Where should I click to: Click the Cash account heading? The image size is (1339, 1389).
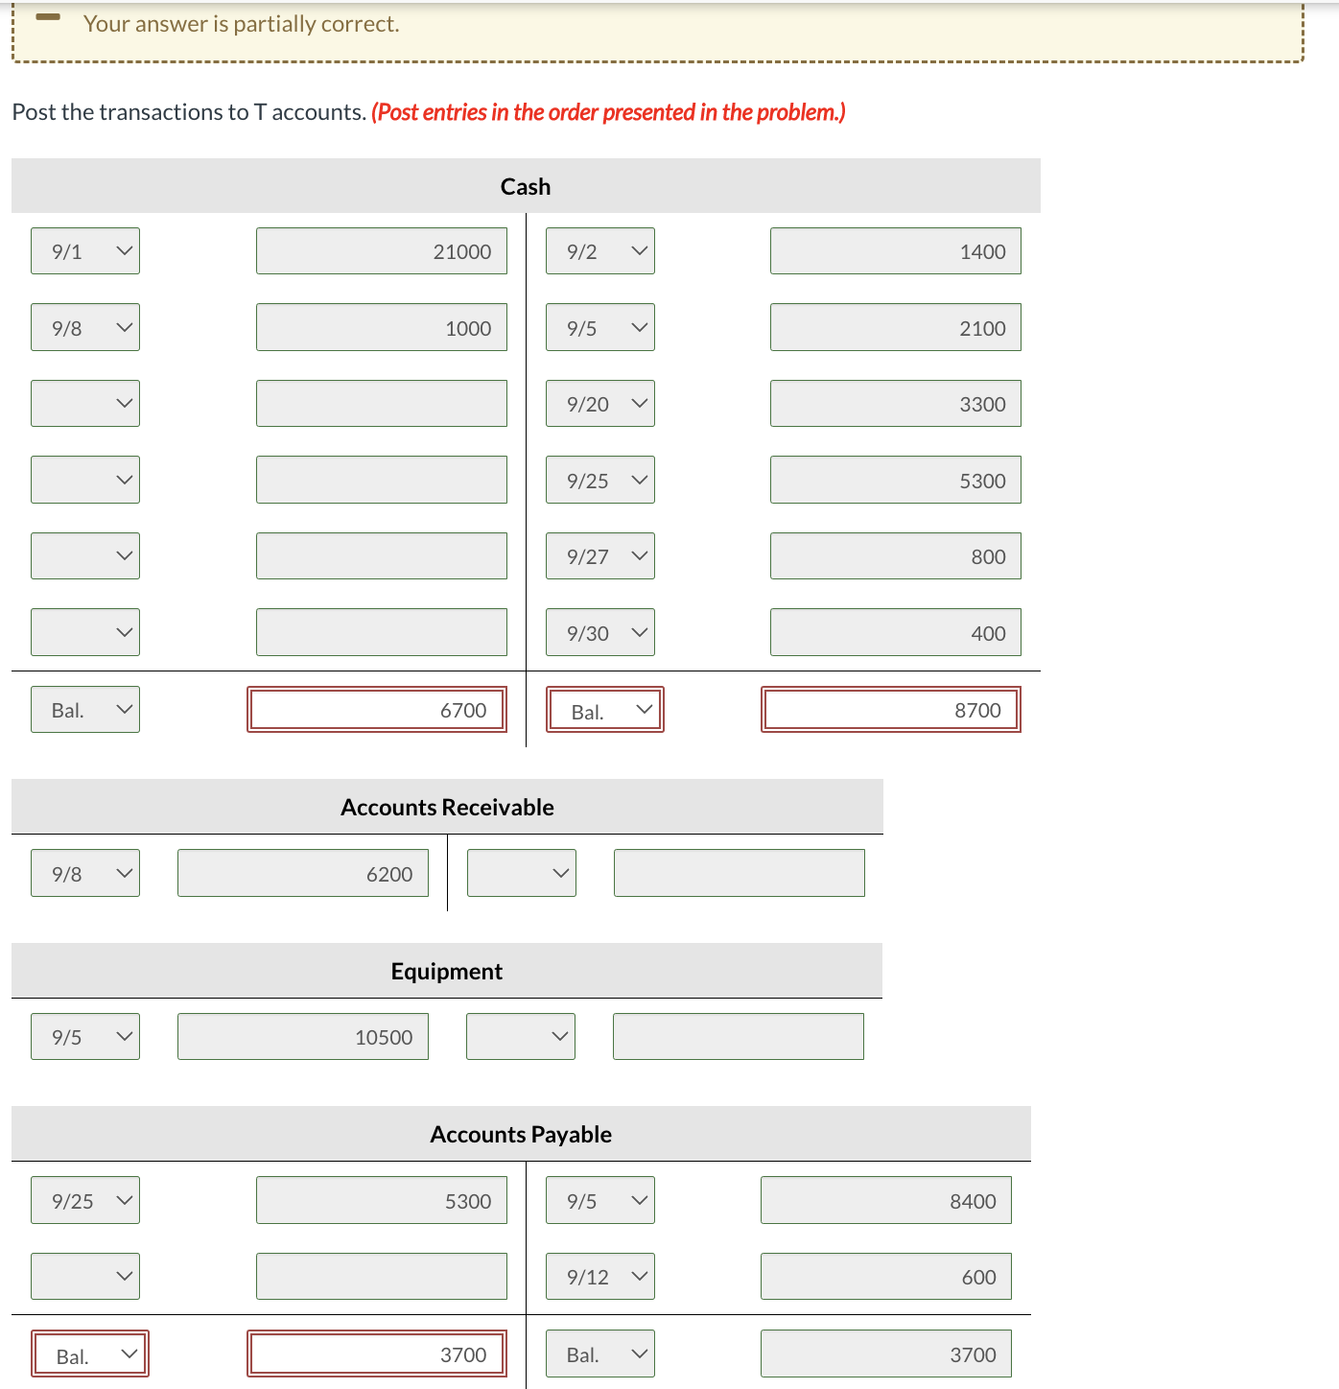(526, 186)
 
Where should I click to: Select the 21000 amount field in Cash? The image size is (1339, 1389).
(381, 251)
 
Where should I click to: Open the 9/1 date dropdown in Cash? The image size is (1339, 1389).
(85, 251)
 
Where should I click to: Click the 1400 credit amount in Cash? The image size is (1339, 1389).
(895, 251)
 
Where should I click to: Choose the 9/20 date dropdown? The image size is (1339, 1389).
(600, 404)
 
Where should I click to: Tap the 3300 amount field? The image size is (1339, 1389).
(895, 404)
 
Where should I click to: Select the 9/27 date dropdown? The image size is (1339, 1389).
(600, 556)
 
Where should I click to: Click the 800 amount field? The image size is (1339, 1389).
(895, 556)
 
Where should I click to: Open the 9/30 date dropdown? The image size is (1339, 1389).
(600, 633)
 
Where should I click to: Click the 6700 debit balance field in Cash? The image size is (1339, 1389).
(377, 710)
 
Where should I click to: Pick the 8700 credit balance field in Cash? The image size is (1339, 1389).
(891, 710)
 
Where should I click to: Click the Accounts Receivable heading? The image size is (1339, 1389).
(447, 808)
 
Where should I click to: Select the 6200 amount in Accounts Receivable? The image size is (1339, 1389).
(303, 874)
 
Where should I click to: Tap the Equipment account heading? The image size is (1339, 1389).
(447, 972)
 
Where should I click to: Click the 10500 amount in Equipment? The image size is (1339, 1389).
(303, 1037)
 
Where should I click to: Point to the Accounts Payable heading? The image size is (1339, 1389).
(521, 1135)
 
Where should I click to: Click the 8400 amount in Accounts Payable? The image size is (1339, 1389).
(885, 1201)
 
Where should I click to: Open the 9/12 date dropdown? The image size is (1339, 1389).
(600, 1277)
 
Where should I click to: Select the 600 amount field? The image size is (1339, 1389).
(885, 1277)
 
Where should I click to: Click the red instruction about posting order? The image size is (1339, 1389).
(608, 112)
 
